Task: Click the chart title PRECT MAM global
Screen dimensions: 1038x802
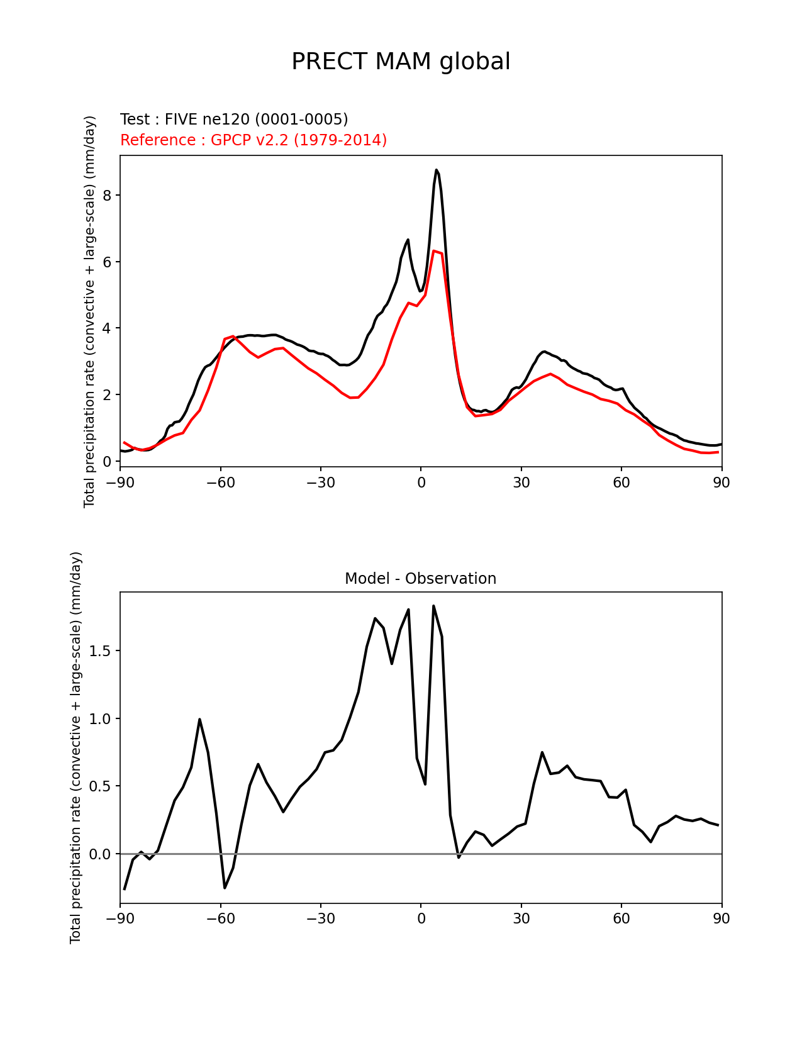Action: [x=401, y=62]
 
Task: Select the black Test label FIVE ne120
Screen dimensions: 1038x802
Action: [x=234, y=120]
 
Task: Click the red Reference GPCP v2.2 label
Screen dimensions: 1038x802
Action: [x=253, y=140]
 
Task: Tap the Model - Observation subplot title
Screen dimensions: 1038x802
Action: [x=420, y=579]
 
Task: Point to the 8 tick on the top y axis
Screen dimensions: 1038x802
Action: [x=107, y=196]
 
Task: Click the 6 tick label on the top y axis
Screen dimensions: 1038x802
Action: [x=107, y=262]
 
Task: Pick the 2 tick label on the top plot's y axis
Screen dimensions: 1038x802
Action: [x=107, y=395]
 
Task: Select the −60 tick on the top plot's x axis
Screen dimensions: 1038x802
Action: [x=220, y=483]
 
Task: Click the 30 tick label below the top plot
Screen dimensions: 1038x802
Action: [x=521, y=483]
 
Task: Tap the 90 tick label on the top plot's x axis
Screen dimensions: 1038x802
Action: [x=721, y=483]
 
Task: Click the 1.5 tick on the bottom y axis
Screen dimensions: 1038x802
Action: [x=101, y=651]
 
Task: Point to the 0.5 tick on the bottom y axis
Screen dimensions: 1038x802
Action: [x=101, y=786]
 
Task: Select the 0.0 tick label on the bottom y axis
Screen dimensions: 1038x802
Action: [x=101, y=854]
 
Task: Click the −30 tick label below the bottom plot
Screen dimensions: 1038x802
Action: [x=320, y=919]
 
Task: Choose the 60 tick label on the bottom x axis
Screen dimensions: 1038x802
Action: [x=621, y=919]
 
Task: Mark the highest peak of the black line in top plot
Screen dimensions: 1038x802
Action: [x=436, y=170]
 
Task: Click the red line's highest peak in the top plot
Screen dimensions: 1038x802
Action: [x=434, y=251]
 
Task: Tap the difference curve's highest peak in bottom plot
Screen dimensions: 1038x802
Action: [x=433, y=606]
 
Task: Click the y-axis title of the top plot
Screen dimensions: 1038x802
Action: [x=90, y=311]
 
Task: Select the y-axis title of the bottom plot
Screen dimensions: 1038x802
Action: [x=76, y=747]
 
